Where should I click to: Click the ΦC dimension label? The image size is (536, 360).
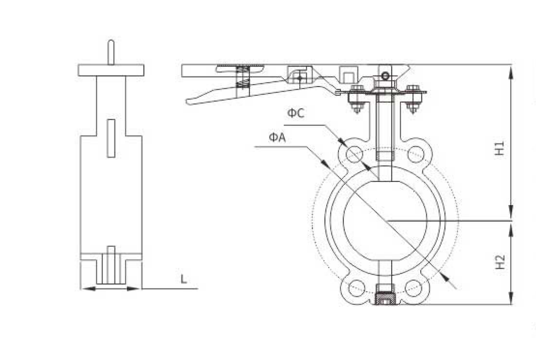point(296,113)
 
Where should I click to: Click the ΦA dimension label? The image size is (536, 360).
point(277,138)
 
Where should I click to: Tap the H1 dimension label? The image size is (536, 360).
point(500,148)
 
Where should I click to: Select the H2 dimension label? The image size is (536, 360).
point(500,262)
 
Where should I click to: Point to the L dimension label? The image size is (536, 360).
point(184,279)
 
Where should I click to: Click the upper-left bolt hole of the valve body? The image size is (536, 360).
point(355,154)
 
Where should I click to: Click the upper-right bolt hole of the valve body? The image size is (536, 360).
point(416,154)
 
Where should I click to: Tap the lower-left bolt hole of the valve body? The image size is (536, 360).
point(357,288)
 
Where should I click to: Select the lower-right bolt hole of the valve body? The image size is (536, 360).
point(413,288)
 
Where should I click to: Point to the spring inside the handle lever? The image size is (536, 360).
point(243,77)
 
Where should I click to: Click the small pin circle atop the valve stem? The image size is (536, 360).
point(385,76)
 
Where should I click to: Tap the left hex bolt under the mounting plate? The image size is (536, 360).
point(357,99)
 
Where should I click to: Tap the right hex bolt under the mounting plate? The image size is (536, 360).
point(413,99)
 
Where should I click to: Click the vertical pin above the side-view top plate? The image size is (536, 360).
point(111,52)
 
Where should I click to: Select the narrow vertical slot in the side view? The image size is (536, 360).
point(111,138)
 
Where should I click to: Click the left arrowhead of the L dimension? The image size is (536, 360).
point(88,289)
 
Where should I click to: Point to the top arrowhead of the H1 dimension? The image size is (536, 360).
point(511,73)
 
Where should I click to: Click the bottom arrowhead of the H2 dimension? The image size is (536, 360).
point(511,298)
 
